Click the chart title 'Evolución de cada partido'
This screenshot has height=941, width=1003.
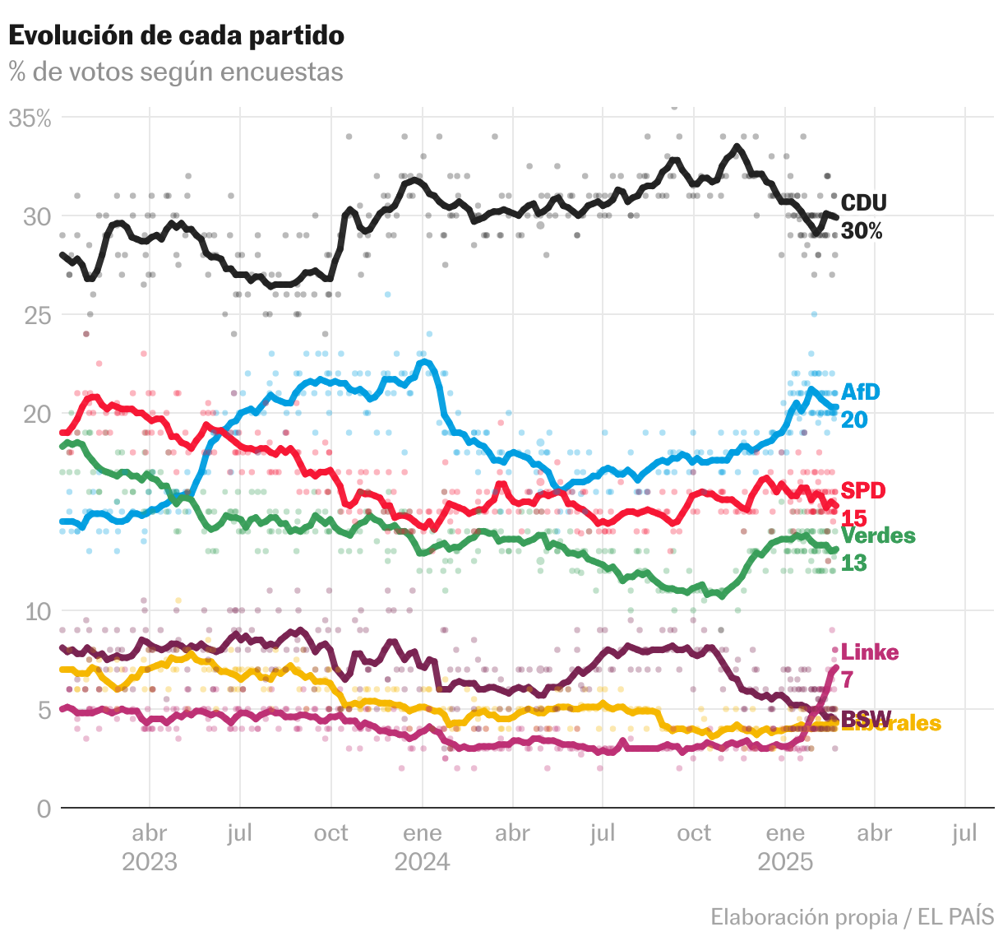click(176, 35)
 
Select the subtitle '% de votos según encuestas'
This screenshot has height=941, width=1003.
click(176, 72)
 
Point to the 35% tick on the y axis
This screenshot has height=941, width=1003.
click(30, 118)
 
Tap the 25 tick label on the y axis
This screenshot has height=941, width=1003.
click(37, 315)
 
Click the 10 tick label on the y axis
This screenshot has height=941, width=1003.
click(38, 611)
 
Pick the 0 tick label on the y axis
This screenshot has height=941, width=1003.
click(44, 809)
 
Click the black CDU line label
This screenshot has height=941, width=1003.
click(863, 203)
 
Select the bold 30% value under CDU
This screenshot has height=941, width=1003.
click(862, 231)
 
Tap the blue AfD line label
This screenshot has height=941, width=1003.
click(860, 392)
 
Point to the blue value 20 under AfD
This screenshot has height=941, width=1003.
click(854, 420)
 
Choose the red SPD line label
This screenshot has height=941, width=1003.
click(863, 490)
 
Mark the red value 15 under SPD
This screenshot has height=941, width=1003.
click(854, 517)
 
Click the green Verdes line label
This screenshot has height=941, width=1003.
click(878, 535)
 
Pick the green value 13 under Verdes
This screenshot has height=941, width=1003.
click(854, 563)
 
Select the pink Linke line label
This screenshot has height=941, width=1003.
click(870, 652)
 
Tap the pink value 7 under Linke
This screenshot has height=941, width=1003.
click(847, 679)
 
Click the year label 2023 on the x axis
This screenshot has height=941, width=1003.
click(150, 862)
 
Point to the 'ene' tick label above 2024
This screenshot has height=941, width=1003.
click(423, 833)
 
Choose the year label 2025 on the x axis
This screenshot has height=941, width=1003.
click(785, 862)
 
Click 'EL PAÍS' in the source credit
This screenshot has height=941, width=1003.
click(956, 916)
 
